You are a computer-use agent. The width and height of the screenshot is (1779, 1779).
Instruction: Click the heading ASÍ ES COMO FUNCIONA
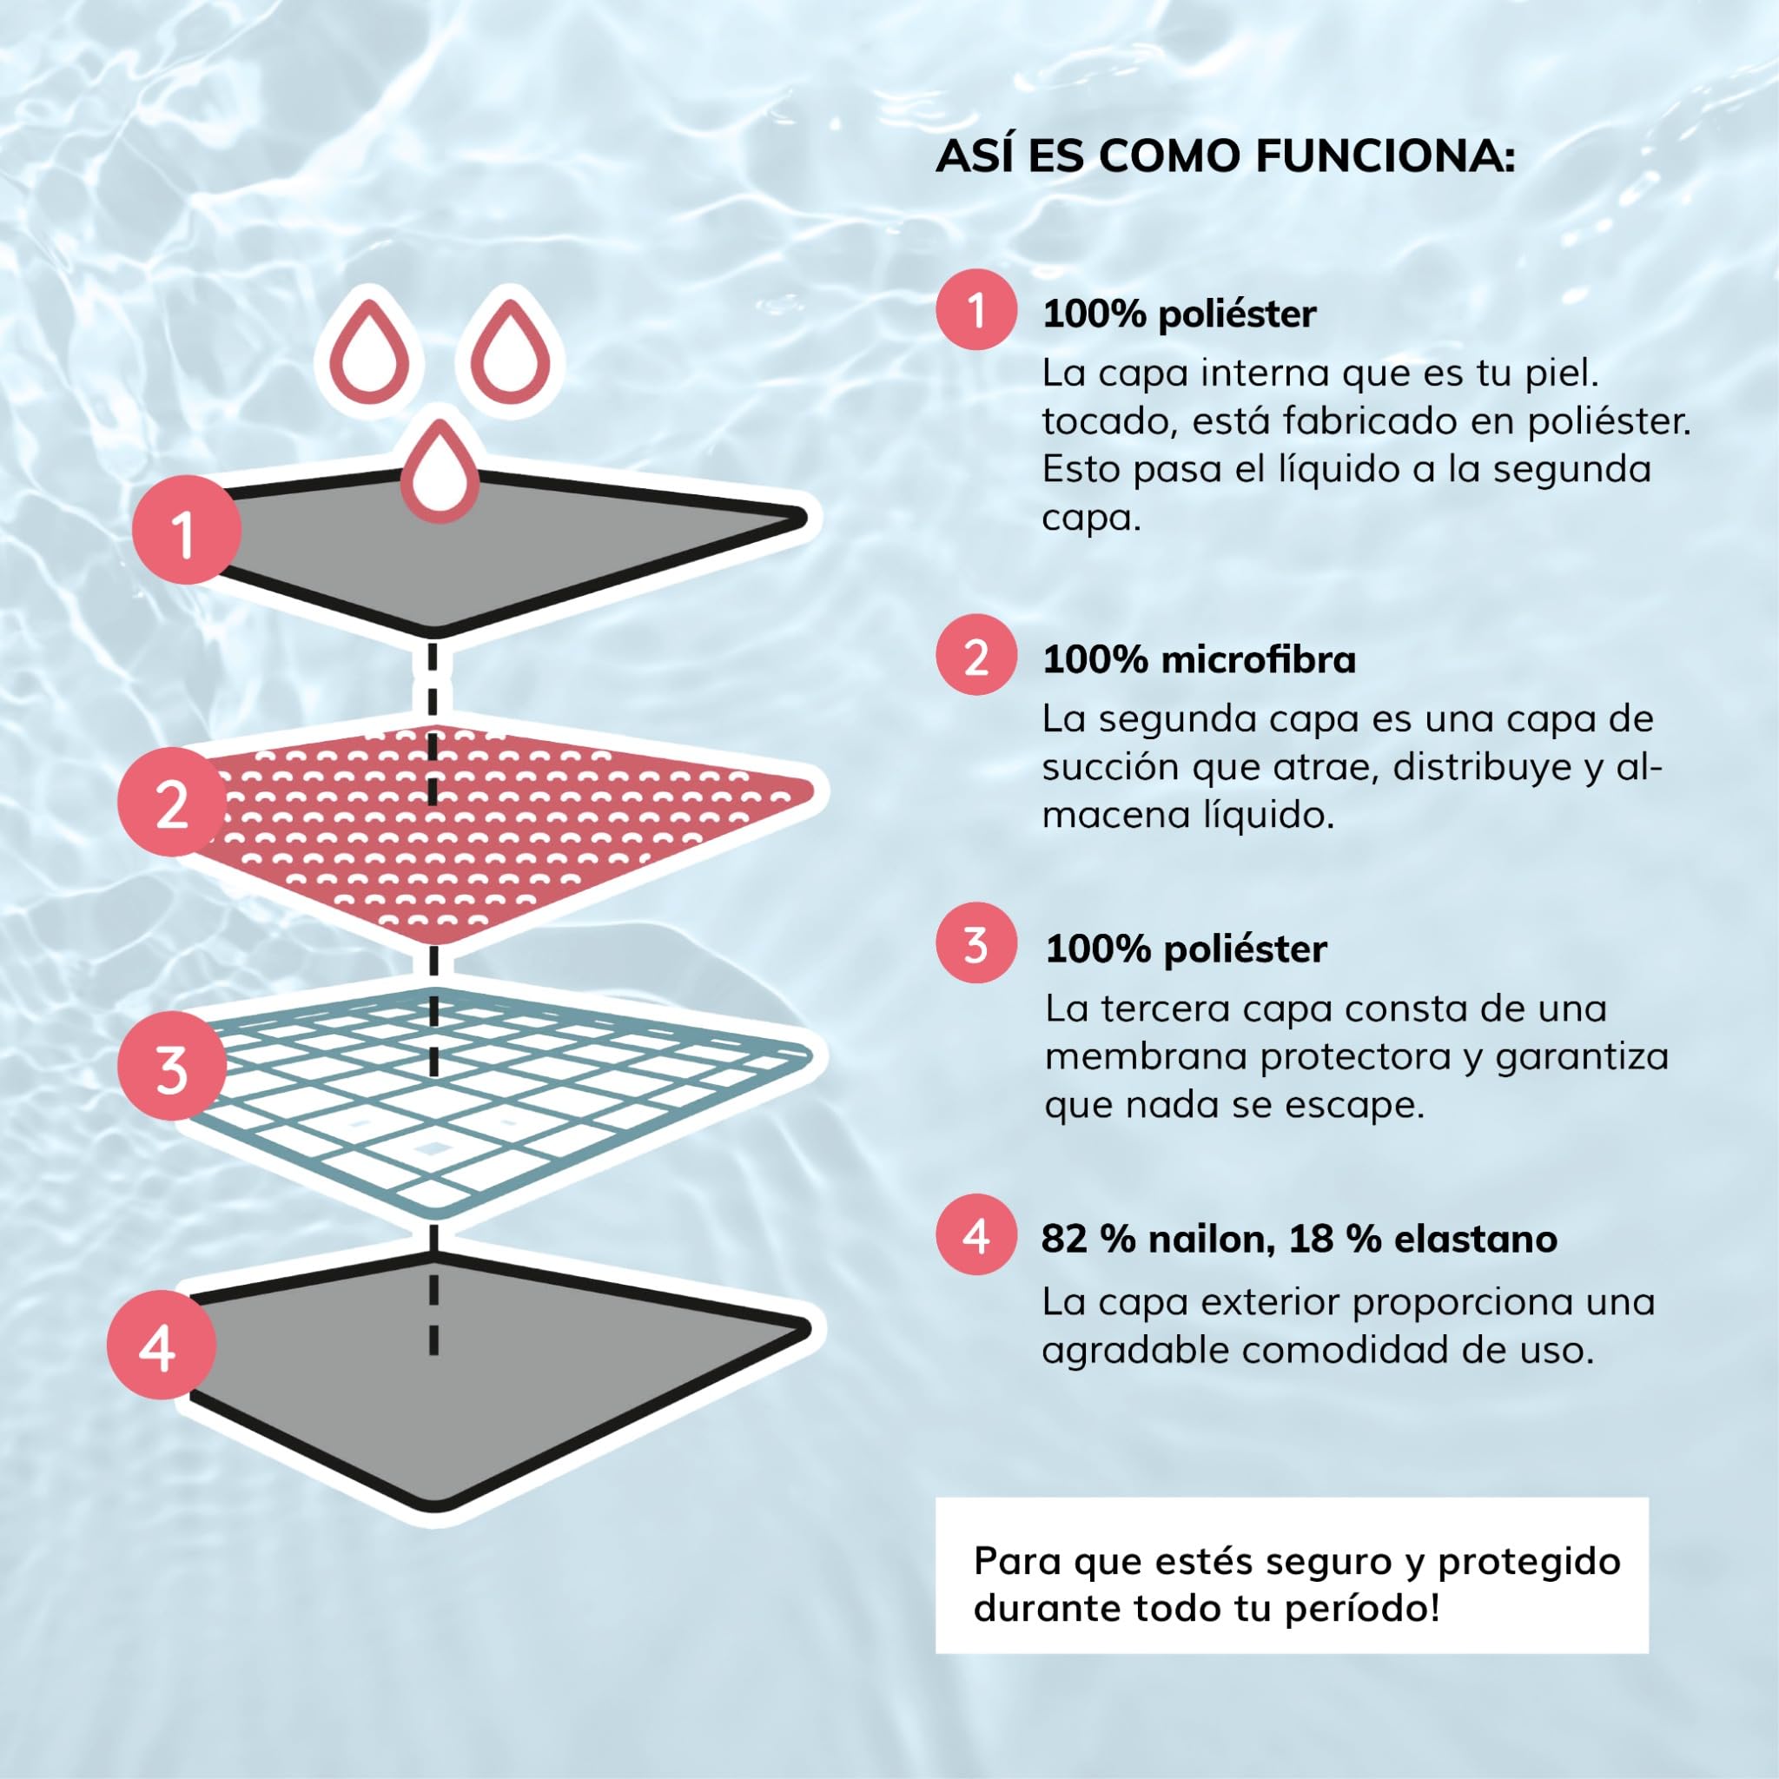pyautogui.click(x=1225, y=156)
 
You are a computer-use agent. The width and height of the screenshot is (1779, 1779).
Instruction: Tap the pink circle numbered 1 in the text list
pyautogui.click(x=976, y=309)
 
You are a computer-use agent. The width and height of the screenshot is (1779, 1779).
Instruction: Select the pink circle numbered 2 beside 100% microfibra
pyautogui.click(x=976, y=655)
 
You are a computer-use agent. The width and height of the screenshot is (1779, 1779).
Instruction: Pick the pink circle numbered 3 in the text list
pyautogui.click(x=976, y=944)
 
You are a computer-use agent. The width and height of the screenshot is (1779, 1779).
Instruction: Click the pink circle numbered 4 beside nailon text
pyautogui.click(x=976, y=1233)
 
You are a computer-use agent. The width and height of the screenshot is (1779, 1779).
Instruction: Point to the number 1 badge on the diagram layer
pyautogui.click(x=185, y=531)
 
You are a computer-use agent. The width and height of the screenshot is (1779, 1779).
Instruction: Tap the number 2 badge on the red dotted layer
pyautogui.click(x=171, y=802)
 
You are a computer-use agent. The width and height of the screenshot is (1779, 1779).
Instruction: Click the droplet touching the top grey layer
pyautogui.click(x=440, y=471)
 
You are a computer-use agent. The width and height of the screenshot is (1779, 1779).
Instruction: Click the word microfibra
pyautogui.click(x=1259, y=660)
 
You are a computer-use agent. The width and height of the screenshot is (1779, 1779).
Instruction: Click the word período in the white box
pyautogui.click(x=1375, y=1609)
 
